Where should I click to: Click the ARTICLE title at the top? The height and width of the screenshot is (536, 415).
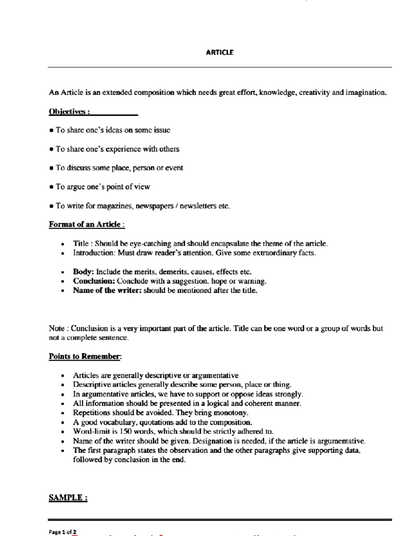tap(220, 52)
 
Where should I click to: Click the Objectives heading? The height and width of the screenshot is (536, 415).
tap(69, 112)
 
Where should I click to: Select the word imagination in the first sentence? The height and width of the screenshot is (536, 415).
tap(366, 93)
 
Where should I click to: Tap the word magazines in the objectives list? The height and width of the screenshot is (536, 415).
tap(116, 206)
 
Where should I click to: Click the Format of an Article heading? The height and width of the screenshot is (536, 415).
tap(86, 224)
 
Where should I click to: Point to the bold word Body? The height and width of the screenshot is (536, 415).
tap(83, 272)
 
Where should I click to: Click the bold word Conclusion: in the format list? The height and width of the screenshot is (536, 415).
tap(94, 281)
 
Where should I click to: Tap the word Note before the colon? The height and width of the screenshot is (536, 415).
tap(56, 328)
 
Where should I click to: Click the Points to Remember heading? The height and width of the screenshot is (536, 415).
tap(85, 356)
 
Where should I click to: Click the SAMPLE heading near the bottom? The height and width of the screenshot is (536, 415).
tap(68, 498)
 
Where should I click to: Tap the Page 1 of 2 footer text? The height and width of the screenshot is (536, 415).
tap(63, 532)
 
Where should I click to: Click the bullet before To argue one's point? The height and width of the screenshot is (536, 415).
tap(51, 187)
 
